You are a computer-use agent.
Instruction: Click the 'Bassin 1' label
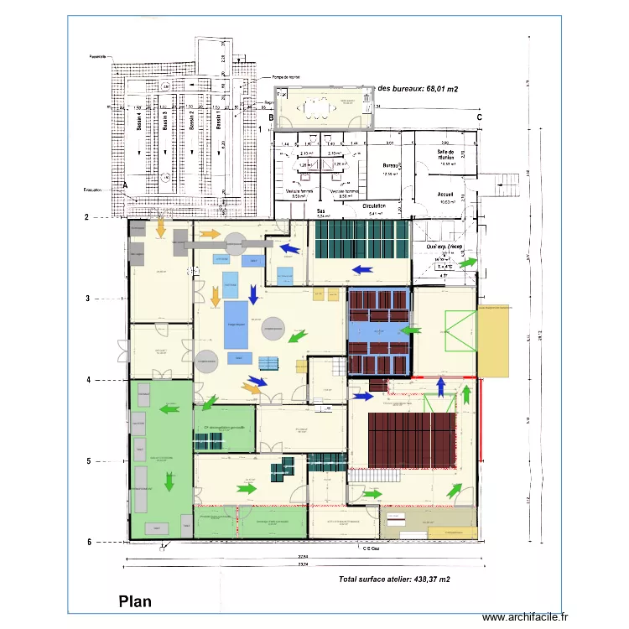click(x=216, y=122)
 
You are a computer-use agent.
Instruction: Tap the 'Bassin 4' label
click(x=138, y=122)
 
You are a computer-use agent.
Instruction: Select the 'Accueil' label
click(x=445, y=194)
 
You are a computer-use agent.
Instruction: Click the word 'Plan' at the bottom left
click(x=136, y=600)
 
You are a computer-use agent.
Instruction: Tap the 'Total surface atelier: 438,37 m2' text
click(x=394, y=580)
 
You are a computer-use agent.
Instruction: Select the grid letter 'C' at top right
click(x=479, y=118)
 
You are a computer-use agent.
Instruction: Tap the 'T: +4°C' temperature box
click(x=444, y=268)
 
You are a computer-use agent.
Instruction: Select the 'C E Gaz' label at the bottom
click(x=372, y=549)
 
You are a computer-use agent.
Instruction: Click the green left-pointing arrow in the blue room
click(x=410, y=331)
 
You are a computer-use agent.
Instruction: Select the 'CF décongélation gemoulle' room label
click(x=224, y=426)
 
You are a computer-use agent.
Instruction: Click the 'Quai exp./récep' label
click(x=445, y=247)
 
